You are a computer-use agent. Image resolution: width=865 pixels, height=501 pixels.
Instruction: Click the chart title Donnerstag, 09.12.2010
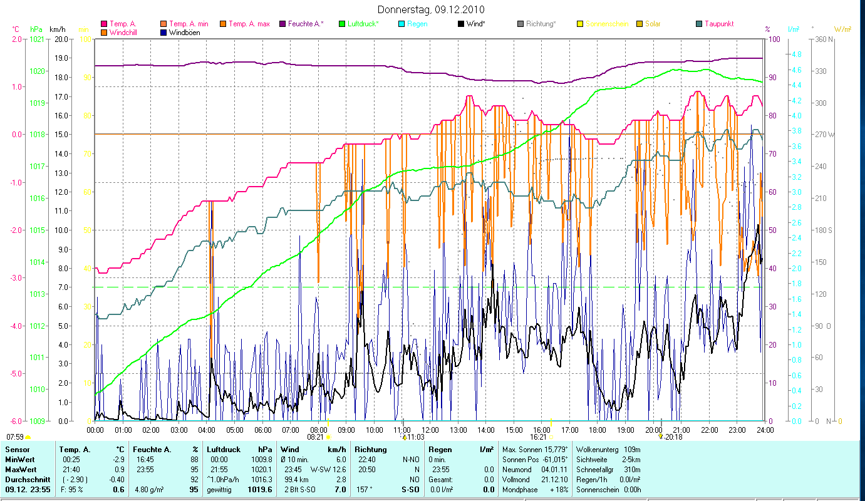coord(432,10)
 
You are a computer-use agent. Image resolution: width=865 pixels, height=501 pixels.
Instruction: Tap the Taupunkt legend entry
coord(718,24)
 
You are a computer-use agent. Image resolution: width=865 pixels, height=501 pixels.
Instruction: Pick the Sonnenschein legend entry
coord(605,24)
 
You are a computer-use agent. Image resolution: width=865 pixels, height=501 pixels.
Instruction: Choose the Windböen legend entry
coord(184,32)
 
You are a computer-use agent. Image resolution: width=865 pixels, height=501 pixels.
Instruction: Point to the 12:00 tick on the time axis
coord(430,430)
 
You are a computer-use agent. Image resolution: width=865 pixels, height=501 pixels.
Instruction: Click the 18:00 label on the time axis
coord(598,430)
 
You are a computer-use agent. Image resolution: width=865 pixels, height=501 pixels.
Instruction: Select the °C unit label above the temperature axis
coord(16,29)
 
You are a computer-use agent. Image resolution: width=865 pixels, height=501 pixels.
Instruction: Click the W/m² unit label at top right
coord(842,29)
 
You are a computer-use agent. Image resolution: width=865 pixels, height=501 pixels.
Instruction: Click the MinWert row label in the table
coord(19,460)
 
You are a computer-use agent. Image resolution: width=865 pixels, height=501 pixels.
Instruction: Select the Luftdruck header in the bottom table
coord(223,450)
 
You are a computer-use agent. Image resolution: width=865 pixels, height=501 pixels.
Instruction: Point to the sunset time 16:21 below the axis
coord(538,437)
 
